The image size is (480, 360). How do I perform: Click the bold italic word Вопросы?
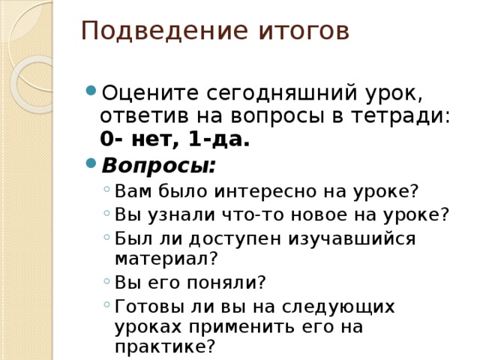[x=157, y=165]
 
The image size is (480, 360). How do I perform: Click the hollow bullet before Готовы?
[x=108, y=304]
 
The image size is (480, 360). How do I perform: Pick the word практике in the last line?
[x=160, y=346]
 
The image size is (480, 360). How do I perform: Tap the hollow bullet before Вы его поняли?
[x=108, y=281]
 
